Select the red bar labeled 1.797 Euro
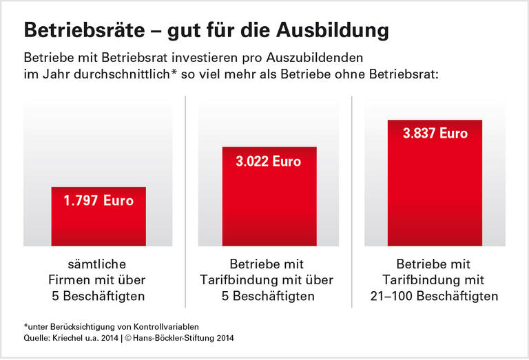[x=98, y=217]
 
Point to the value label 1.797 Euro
[x=98, y=202]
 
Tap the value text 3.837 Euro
[x=435, y=134]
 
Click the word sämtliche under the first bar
[x=98, y=264]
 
